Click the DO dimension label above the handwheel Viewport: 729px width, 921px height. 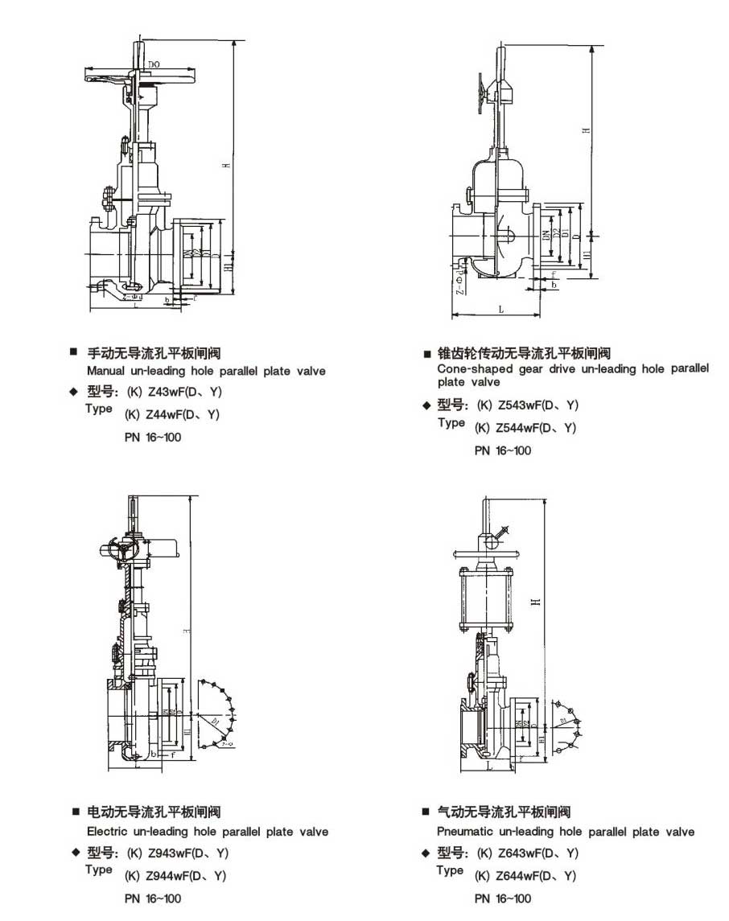coord(153,63)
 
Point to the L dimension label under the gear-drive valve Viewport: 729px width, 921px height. coord(500,309)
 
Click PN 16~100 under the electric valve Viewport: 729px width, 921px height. coord(152,898)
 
